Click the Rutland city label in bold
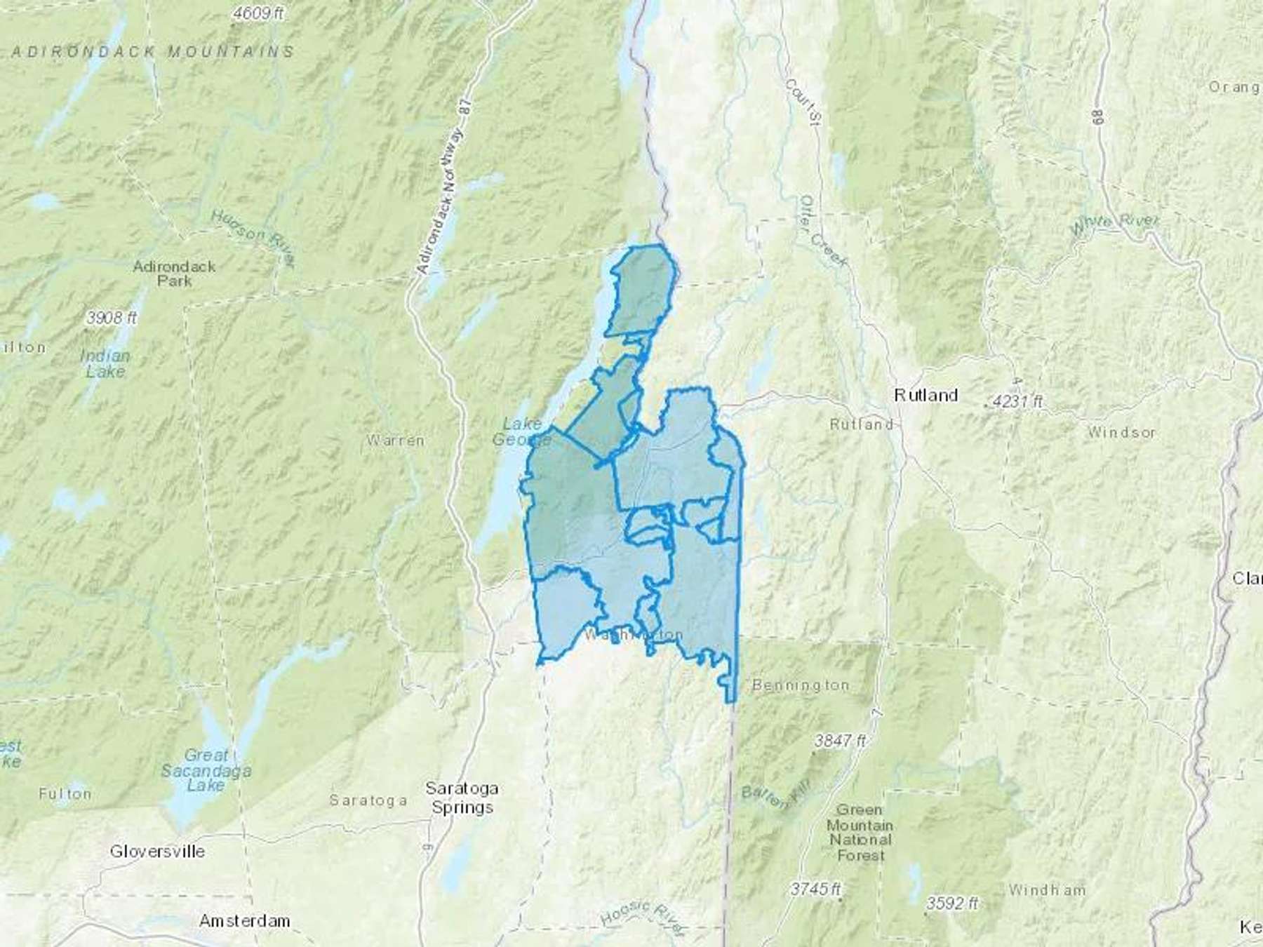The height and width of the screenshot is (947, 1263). point(925,396)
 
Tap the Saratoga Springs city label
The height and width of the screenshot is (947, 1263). point(462,798)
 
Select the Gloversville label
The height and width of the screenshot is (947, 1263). point(157,852)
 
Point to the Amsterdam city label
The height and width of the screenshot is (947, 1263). point(244,920)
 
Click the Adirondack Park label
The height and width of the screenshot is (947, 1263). point(174,274)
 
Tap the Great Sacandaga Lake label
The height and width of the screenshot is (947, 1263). point(206,770)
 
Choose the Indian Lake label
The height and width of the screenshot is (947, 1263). point(105,363)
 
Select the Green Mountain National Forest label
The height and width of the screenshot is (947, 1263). point(860,833)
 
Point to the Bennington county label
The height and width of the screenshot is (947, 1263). point(800,685)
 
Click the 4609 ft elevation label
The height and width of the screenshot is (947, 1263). point(260,13)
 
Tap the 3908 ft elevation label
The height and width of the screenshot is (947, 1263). point(112,318)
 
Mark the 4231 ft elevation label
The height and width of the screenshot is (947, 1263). point(1018,402)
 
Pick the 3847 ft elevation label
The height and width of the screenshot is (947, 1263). point(840,740)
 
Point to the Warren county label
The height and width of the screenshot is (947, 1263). point(395,441)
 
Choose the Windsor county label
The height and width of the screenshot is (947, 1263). point(1121,432)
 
